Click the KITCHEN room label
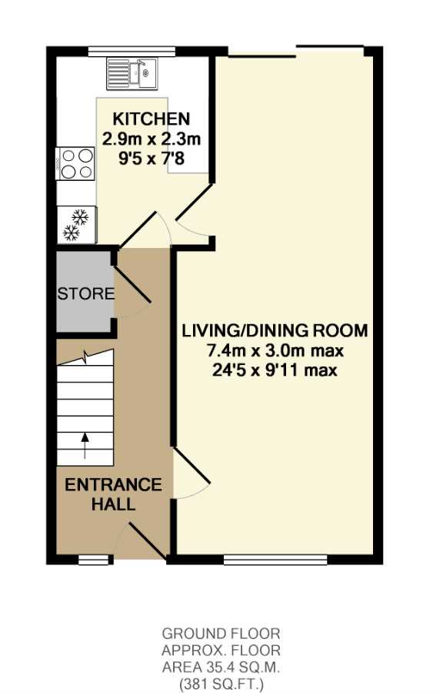click(152, 119)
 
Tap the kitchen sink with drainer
click(132, 73)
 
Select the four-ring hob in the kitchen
click(76, 164)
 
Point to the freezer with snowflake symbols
click(77, 225)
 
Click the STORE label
click(86, 294)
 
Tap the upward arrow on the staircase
click(85, 446)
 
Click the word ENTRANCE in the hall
click(113, 485)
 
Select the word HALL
click(113, 504)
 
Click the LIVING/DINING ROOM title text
click(275, 330)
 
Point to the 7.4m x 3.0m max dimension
click(275, 351)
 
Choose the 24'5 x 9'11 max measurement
click(275, 370)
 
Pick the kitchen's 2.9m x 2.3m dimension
click(152, 139)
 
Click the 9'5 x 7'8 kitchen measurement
click(152, 158)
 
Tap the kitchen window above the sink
click(132, 52)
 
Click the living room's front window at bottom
click(275, 560)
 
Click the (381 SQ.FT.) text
click(221, 685)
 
